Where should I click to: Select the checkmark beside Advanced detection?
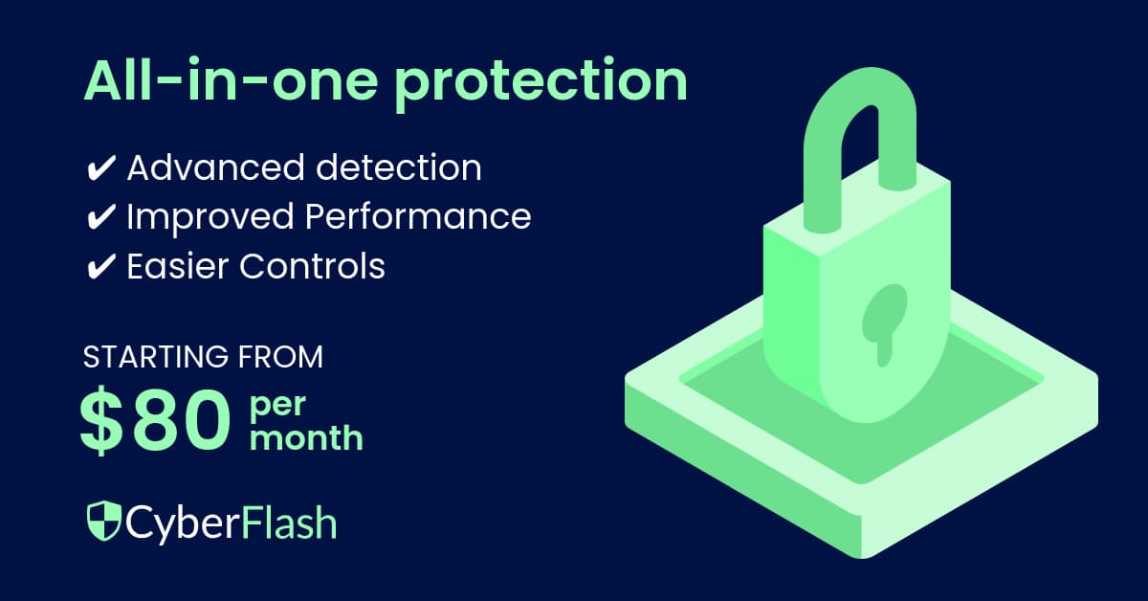point(99,169)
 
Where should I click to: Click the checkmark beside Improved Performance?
point(99,217)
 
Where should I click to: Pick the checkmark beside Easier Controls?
point(99,266)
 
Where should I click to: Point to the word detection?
point(402,168)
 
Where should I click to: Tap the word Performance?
point(418,217)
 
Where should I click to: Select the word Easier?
point(176,265)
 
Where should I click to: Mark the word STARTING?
point(154,358)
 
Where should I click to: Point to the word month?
point(306,438)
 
